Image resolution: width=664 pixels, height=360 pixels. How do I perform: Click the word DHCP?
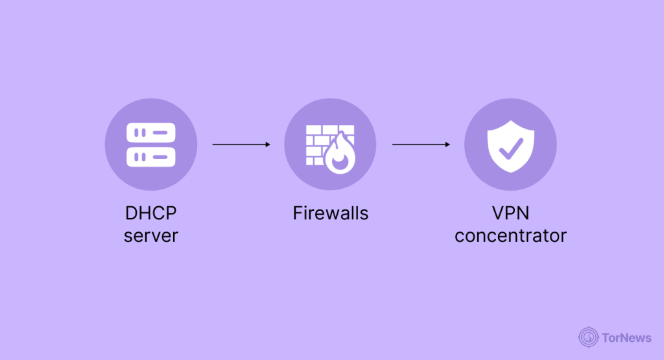(151, 213)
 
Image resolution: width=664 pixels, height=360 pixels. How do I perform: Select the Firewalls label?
(330, 213)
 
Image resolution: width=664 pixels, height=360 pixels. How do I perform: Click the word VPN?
(510, 213)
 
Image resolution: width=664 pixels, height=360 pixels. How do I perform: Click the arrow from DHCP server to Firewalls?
(241, 144)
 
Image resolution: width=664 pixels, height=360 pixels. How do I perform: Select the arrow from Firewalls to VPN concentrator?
(421, 144)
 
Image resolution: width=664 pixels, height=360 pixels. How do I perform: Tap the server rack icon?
(151, 144)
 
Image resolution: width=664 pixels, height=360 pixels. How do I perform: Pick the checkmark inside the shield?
(510, 147)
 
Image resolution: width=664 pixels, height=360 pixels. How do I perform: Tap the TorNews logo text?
(627, 337)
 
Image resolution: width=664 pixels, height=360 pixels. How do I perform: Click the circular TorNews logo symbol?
(589, 337)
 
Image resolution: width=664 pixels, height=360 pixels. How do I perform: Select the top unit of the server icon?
(151, 132)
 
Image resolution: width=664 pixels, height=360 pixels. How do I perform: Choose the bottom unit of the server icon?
(151, 156)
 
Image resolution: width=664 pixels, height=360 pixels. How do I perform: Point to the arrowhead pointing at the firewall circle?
(267, 144)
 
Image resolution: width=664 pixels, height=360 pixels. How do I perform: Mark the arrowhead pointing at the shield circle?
(447, 144)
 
